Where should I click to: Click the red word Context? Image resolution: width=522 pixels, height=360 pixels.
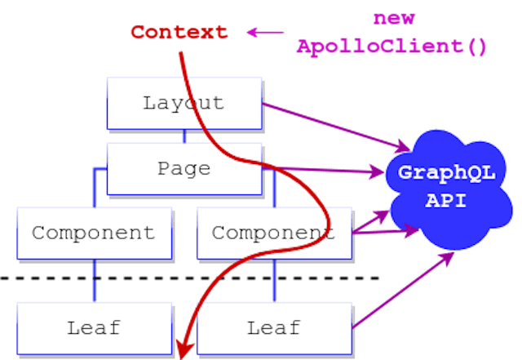click(x=179, y=33)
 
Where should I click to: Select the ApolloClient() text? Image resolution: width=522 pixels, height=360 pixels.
click(x=391, y=47)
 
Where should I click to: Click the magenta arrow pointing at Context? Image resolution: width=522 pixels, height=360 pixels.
click(x=265, y=33)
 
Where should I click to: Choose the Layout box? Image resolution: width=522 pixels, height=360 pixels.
click(x=184, y=103)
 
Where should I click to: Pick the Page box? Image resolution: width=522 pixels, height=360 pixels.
click(x=184, y=168)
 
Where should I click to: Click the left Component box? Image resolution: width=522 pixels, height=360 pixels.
click(x=93, y=232)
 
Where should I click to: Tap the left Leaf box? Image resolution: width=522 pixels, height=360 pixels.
click(x=93, y=327)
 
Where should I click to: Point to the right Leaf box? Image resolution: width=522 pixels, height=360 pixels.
click(x=272, y=327)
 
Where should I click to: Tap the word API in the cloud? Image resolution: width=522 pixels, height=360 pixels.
click(x=445, y=199)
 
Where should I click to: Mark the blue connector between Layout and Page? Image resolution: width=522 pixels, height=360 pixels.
click(x=184, y=136)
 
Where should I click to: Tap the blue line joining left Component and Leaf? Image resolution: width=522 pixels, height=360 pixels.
click(x=95, y=280)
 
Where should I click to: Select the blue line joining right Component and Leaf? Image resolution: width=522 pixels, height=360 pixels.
click(x=273, y=280)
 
